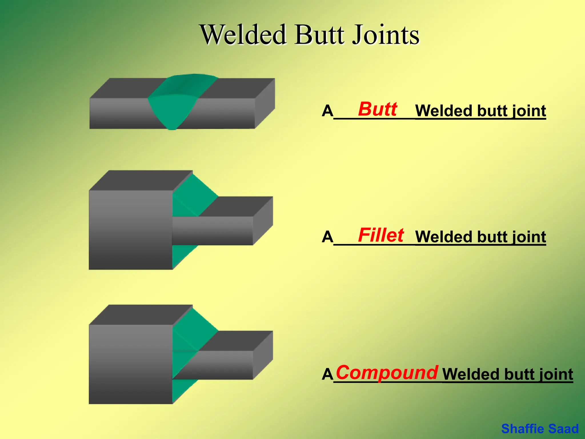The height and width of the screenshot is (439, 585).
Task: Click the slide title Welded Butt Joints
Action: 310,35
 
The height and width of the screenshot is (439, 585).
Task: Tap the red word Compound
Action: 387,372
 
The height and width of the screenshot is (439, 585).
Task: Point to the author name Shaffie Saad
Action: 540,429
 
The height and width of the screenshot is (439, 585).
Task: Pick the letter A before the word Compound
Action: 327,374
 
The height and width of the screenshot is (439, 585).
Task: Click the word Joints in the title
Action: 386,35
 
